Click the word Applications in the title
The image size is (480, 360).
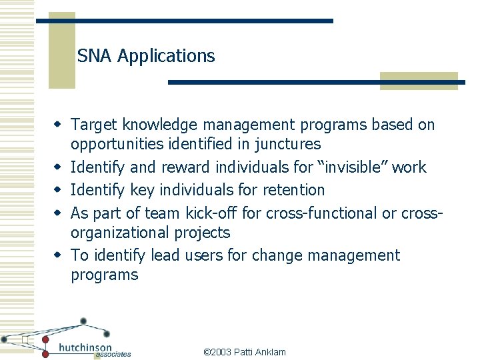coord(166,57)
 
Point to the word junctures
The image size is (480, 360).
coord(289,144)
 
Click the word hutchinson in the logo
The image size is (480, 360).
coord(86,347)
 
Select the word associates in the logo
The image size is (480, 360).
coord(113,355)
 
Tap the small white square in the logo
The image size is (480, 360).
coord(24,340)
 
